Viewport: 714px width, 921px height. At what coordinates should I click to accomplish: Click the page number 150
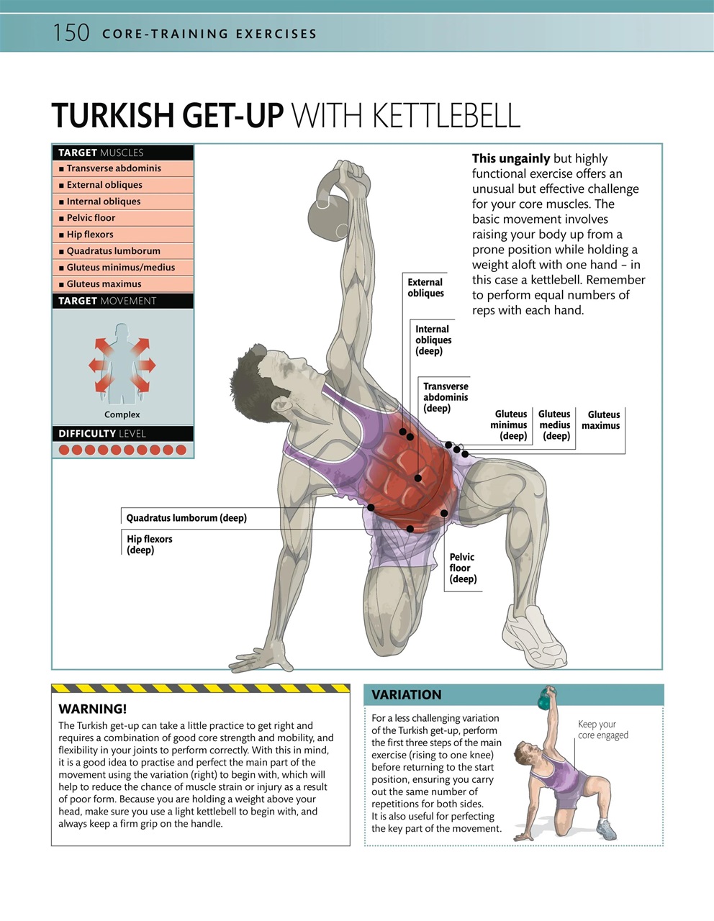71,33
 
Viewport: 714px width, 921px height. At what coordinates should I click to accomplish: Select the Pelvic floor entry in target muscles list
91,218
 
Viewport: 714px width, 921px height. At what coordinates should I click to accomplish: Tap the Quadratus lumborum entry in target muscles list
113,251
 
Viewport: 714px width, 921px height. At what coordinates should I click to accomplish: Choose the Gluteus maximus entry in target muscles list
104,284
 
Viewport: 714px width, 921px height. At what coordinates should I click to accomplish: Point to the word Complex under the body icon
122,414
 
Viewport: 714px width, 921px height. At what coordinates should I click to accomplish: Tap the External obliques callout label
425,288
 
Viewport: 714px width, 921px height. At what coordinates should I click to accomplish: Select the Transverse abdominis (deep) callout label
445,397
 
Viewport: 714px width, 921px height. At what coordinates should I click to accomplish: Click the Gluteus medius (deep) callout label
555,425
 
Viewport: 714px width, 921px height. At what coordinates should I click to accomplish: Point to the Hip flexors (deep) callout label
150,545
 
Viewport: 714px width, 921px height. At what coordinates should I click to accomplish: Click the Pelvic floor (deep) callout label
463,568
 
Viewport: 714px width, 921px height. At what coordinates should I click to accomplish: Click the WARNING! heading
92,709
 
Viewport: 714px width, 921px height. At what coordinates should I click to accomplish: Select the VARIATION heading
406,695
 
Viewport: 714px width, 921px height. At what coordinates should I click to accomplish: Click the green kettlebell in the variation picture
547,697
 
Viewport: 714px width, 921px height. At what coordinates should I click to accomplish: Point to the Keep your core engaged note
602,730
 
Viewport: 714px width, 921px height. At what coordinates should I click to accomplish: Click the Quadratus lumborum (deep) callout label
186,518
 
